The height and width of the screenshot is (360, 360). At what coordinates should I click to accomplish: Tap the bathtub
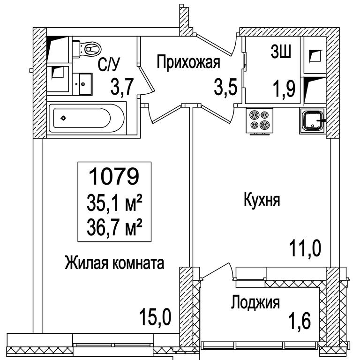coord(87,118)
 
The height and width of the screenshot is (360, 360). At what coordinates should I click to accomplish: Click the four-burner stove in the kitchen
coord(259,120)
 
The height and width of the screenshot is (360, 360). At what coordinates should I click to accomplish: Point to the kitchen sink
coord(312,120)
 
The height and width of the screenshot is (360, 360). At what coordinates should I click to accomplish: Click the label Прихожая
coord(188,62)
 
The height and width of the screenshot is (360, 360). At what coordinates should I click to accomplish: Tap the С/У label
coord(109,64)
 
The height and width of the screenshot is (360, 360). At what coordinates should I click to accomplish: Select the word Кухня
coord(262,200)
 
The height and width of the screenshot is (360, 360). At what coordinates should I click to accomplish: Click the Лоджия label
coord(255,302)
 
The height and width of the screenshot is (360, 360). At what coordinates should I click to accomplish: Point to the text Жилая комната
coord(114,263)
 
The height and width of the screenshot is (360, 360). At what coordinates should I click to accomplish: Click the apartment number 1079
coord(114,176)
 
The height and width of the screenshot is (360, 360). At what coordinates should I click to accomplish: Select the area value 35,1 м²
coord(114,202)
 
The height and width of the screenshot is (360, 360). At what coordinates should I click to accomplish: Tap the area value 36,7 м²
coord(114,227)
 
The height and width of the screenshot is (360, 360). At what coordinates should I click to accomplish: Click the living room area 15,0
coord(155,317)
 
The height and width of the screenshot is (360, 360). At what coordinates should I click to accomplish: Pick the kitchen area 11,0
coord(305,248)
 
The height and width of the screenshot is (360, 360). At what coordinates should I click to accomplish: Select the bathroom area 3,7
coord(122,86)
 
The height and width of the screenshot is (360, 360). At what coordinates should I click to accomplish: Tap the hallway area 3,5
coord(225,86)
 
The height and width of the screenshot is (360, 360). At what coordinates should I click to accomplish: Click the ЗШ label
coord(281,52)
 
